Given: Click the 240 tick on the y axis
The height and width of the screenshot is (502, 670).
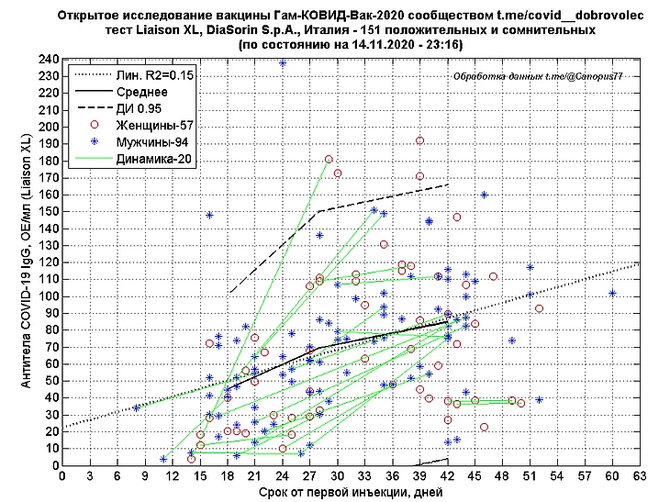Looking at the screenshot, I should coord(46,60).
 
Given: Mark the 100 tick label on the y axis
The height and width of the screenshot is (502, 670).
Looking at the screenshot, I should coord(46,296).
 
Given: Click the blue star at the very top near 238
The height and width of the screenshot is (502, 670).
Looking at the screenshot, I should coord(283,63).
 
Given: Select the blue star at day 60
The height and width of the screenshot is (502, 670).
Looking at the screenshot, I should coord(612,294).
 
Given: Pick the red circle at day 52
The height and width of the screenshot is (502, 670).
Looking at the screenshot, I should coord(540,308).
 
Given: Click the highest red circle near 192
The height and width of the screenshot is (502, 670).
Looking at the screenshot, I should coord(419,140).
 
